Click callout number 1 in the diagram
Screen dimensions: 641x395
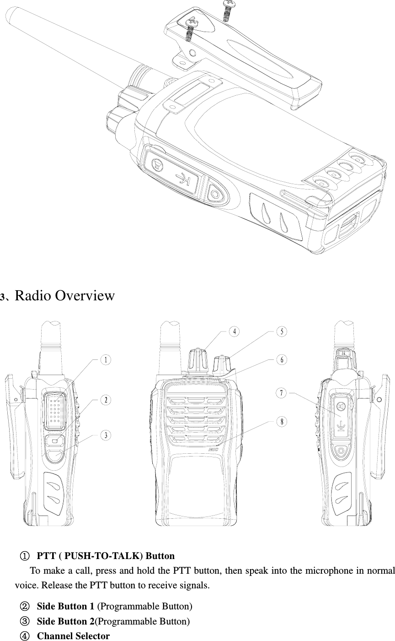tap(106, 360)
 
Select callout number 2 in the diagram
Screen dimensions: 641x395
tap(106, 400)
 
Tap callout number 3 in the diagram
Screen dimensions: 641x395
tap(106, 435)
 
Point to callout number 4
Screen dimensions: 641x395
tap(233, 331)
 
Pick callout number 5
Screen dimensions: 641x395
tap(282, 331)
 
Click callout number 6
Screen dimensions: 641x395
tap(282, 360)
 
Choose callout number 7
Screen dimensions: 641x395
tap(282, 393)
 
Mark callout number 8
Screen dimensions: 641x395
tap(282, 422)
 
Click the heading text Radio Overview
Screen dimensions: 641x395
tap(64, 296)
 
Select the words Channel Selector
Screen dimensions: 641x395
tap(73, 636)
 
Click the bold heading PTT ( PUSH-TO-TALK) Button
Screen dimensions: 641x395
tap(106, 556)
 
